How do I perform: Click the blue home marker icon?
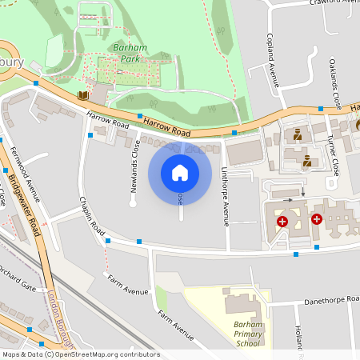click(180, 173)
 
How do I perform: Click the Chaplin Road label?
click(92, 216)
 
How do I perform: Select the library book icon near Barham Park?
click(82, 95)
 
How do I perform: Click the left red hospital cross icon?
click(282, 221)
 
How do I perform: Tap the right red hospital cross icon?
click(317, 218)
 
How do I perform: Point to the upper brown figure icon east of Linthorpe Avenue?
click(298, 134)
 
